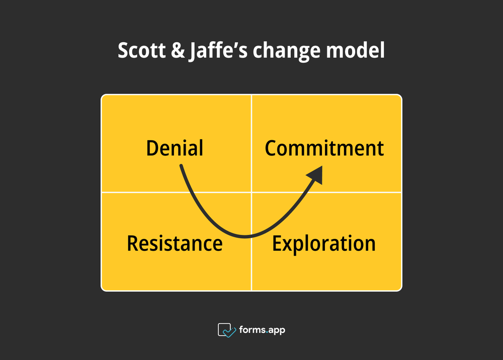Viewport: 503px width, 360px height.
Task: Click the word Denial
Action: point(175,148)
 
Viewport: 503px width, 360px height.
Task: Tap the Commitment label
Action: point(324,148)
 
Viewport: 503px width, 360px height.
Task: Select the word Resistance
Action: point(175,243)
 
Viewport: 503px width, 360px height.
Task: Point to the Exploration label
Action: point(324,243)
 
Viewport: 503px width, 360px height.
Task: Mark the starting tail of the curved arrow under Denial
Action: point(181,166)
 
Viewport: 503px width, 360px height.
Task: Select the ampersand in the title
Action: point(177,51)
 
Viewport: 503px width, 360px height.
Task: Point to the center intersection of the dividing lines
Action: point(251,192)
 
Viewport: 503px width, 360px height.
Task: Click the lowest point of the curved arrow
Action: point(244,236)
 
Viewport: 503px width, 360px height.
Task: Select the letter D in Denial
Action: point(152,148)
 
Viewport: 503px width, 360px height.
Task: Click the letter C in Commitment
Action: point(272,148)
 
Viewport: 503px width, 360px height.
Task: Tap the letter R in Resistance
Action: point(133,243)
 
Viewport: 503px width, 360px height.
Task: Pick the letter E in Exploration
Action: point(278,243)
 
